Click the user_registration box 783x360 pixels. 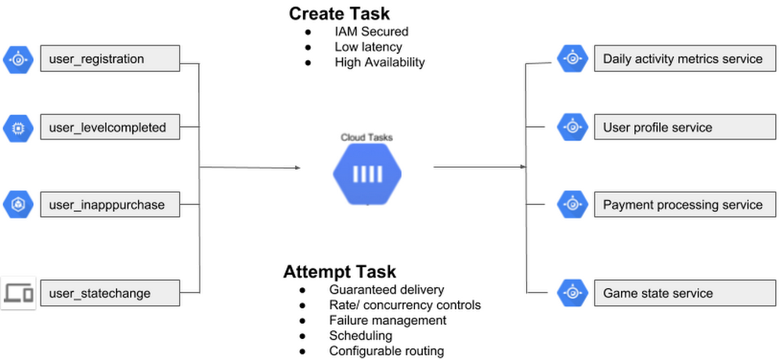click(110, 59)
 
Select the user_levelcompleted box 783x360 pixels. click(110, 127)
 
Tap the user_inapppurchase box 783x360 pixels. click(110, 205)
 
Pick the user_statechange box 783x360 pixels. click(110, 293)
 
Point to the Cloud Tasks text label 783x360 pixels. click(366, 138)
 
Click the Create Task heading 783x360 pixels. click(339, 13)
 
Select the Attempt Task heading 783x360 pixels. click(339, 272)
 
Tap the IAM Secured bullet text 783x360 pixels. click(371, 32)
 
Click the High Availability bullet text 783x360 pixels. click(379, 62)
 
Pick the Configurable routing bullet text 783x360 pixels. click(386, 351)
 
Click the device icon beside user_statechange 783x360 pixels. click(17, 293)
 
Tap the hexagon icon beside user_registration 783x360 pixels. click(17, 59)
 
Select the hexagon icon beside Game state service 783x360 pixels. click(572, 293)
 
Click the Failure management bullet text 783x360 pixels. click(388, 320)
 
